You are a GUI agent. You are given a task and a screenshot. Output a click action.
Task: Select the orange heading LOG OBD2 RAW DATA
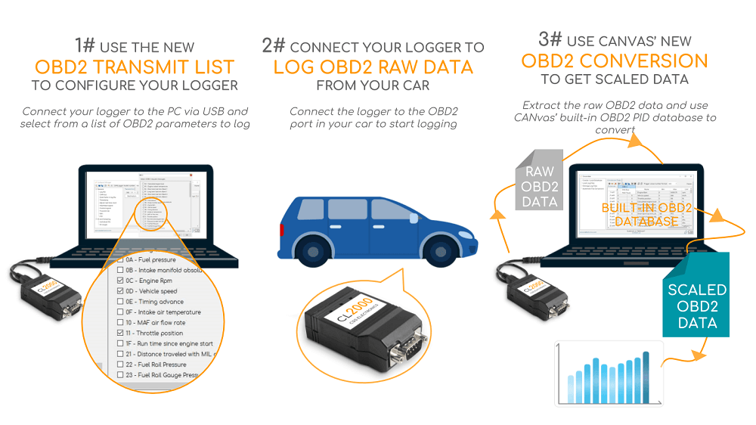tap(373, 67)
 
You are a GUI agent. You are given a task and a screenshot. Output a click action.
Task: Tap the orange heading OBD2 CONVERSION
tap(615, 60)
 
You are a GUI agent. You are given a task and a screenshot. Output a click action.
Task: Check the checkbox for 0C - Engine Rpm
tap(119, 281)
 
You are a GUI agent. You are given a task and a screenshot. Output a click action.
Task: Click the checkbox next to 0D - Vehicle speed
tap(119, 291)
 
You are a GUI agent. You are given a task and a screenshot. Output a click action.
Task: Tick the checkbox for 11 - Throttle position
tap(119, 333)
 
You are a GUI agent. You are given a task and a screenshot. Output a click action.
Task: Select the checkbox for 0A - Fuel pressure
tap(119, 259)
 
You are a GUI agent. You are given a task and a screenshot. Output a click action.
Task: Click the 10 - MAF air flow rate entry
tap(156, 322)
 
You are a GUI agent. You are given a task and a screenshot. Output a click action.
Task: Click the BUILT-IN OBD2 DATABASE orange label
tap(646, 214)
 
